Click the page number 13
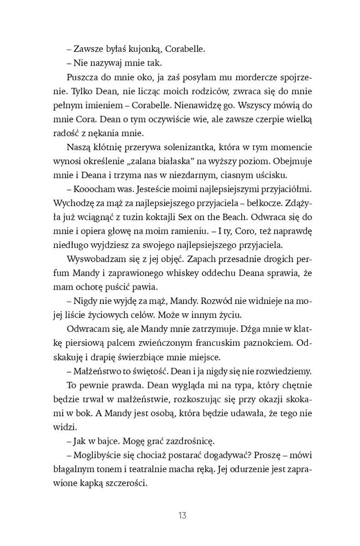click(182, 516)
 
